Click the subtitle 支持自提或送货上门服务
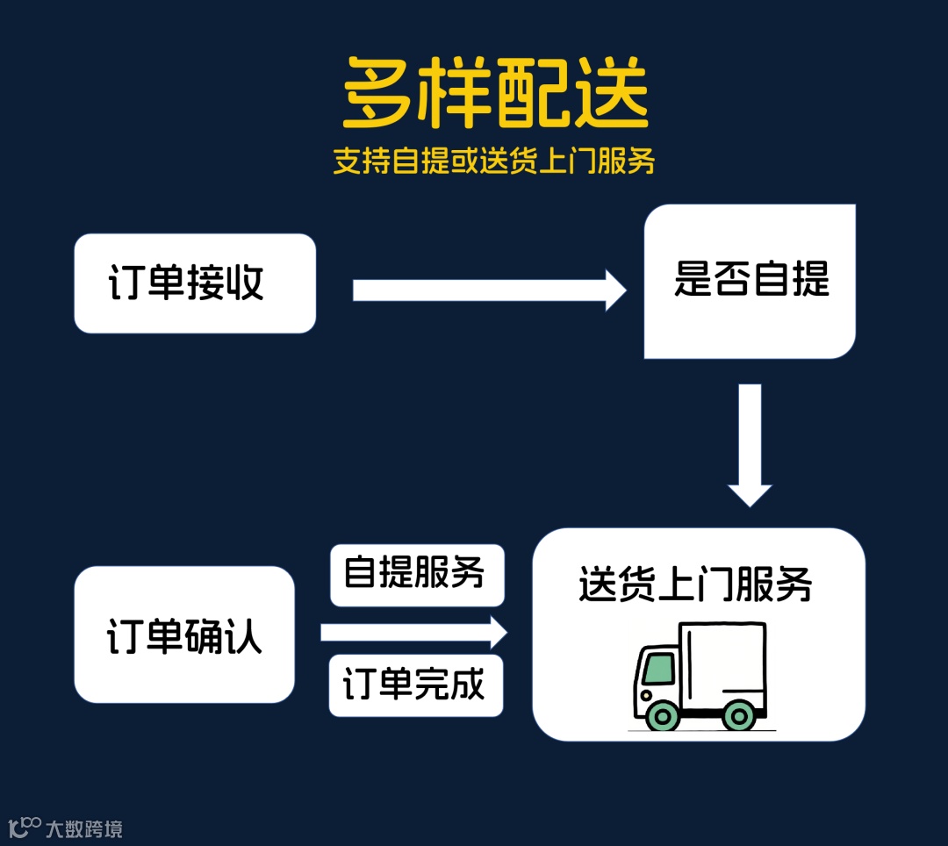494,161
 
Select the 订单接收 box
195,283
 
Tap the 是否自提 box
750,282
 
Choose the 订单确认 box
184,634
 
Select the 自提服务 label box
417,575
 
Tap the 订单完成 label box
416,685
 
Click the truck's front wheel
663,715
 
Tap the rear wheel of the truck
740,715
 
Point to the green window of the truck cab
658,669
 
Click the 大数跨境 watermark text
84,828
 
